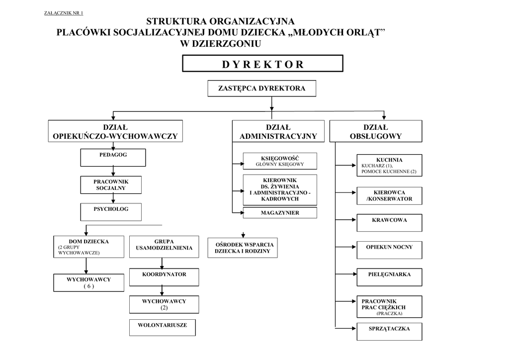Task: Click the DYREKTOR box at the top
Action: point(262,63)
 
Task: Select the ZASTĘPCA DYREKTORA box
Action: point(261,89)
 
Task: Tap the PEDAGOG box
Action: point(113,158)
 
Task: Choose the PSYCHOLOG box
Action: point(111,212)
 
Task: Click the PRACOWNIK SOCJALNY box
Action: point(111,185)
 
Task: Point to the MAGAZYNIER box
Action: point(280,213)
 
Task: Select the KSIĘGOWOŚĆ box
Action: point(280,161)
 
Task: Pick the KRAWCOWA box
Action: point(389,223)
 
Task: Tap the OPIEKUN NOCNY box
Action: point(389,250)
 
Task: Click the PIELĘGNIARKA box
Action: point(389,277)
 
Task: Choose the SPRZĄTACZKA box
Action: point(389,332)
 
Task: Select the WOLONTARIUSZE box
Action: point(163,328)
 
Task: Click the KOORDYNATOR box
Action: point(164,277)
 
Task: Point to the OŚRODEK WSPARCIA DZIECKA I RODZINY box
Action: point(243,248)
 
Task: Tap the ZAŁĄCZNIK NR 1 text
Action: point(64,13)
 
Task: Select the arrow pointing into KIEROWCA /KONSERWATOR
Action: point(346,192)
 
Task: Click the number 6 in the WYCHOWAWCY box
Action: point(88,286)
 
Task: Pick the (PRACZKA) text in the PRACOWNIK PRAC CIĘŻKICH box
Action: point(389,314)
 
